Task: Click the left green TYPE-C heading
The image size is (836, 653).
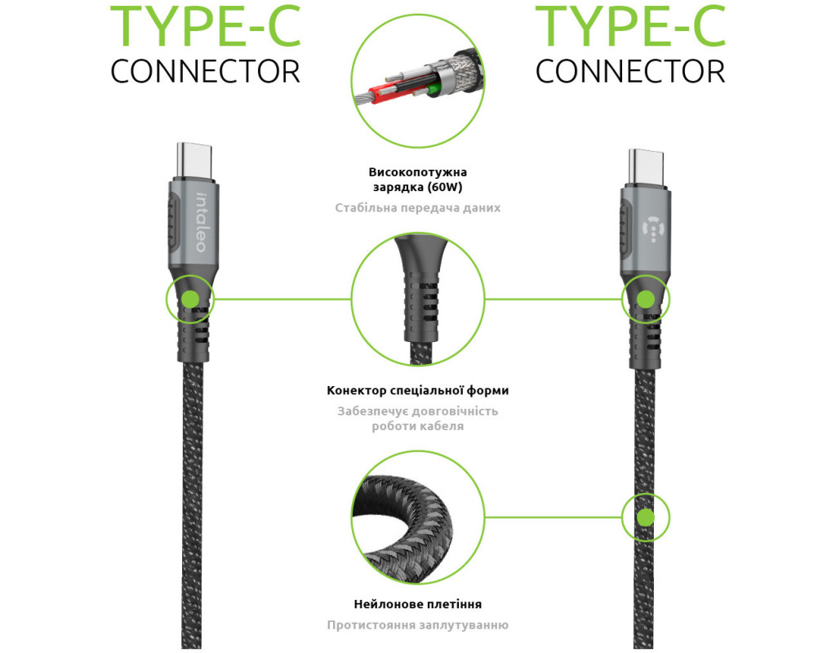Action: [205, 26]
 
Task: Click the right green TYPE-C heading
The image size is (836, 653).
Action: [630, 26]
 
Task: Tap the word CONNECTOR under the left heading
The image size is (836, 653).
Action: [205, 71]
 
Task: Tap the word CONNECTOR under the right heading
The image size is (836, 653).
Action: [630, 71]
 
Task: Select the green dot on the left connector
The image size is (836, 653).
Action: [190, 299]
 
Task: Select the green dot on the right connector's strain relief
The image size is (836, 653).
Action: [645, 299]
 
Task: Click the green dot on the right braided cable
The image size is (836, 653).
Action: [645, 517]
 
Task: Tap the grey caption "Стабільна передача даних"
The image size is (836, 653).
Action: [417, 208]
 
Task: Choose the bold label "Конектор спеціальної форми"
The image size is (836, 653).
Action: [417, 391]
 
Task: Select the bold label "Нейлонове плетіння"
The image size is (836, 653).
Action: [417, 605]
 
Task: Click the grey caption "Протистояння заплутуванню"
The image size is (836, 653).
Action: [417, 625]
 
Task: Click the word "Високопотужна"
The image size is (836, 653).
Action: [417, 173]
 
